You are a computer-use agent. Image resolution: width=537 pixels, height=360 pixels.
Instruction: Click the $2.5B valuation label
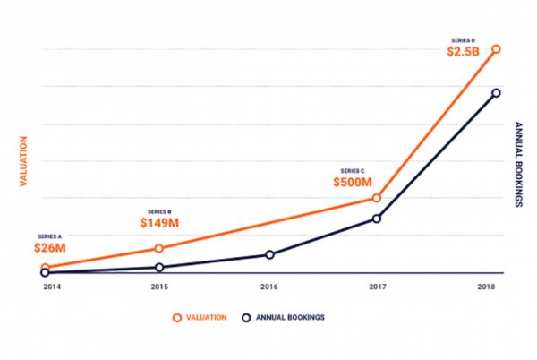point(464,52)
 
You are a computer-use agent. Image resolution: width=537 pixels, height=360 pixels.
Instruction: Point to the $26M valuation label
point(49,246)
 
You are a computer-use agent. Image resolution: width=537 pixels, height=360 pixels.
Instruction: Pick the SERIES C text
point(353,169)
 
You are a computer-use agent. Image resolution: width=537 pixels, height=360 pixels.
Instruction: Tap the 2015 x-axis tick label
point(159,287)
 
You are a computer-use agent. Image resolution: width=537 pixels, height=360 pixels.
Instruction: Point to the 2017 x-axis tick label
point(377,287)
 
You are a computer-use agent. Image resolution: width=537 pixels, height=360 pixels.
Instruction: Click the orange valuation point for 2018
point(496,49)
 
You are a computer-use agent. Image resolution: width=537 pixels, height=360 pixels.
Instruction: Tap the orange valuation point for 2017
point(377,198)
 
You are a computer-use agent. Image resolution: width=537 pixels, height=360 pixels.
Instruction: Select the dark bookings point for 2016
point(269,254)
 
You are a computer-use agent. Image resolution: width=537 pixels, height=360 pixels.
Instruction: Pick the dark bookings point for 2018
point(496,93)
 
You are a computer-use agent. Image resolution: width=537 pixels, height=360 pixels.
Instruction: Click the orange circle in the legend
point(178,317)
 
